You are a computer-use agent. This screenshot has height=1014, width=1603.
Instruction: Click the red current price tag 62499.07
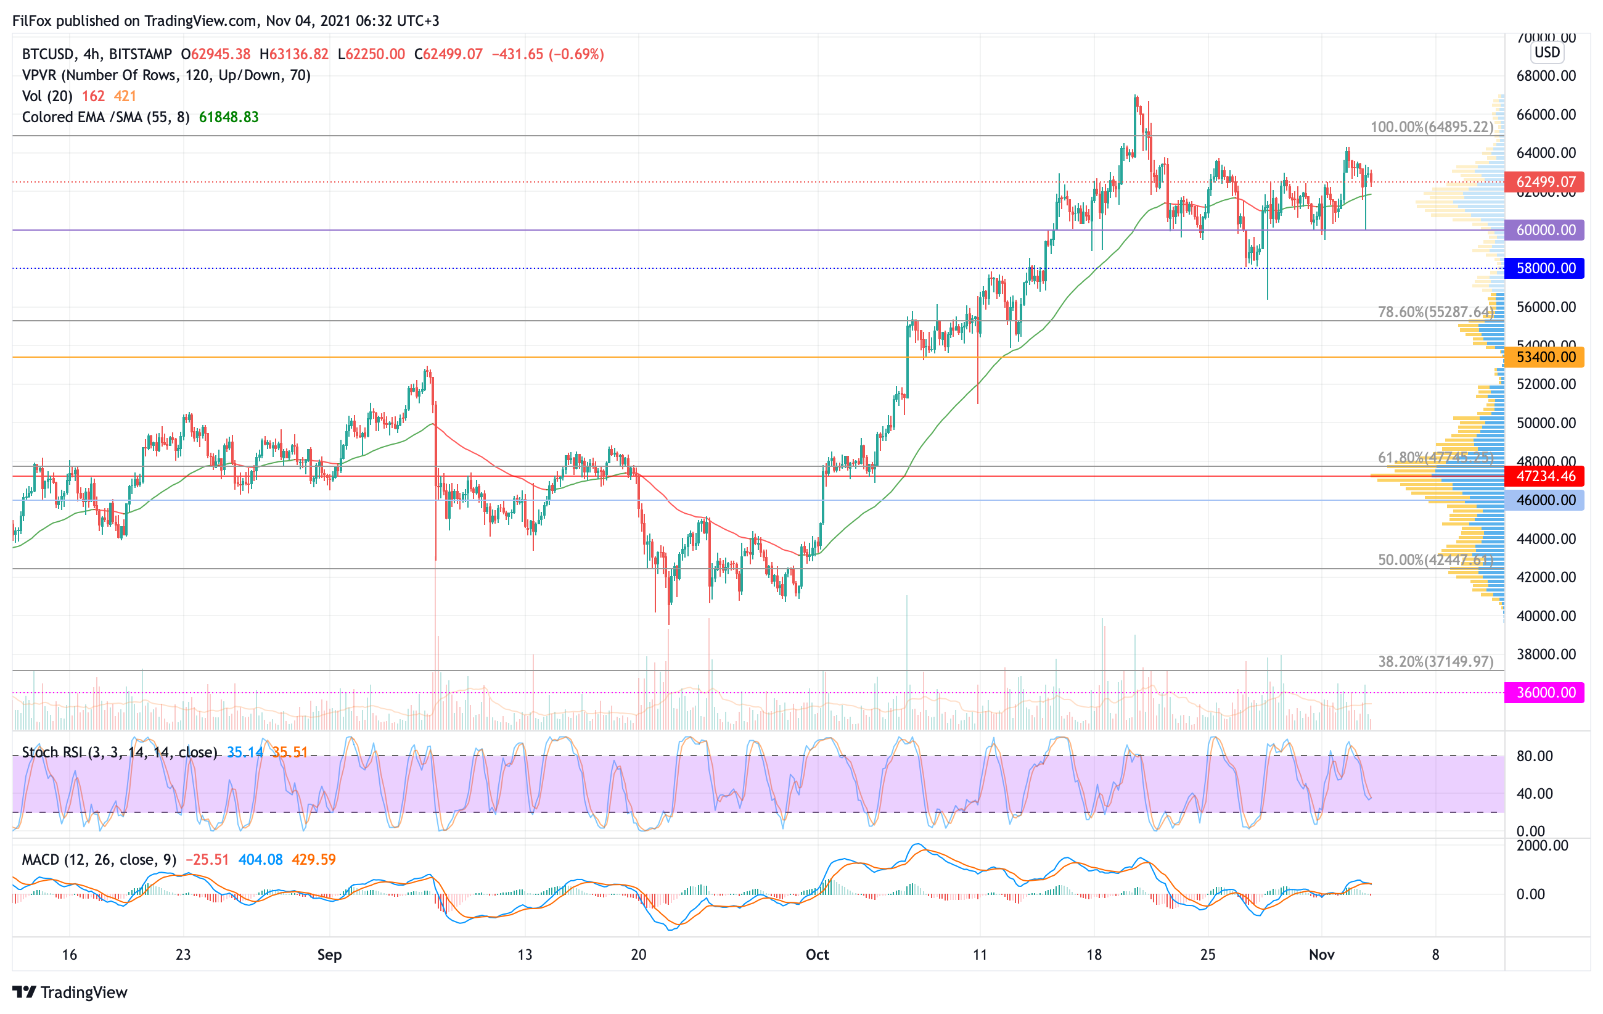pos(1544,182)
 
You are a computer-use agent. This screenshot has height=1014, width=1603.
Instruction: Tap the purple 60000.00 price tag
pos(1544,230)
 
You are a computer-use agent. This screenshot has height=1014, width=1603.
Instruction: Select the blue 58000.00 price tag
pos(1544,268)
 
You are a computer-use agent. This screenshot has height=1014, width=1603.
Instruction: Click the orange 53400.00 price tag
pos(1544,357)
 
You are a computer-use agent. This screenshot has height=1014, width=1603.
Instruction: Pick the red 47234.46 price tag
pos(1544,476)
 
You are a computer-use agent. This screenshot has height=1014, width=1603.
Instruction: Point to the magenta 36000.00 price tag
pos(1544,693)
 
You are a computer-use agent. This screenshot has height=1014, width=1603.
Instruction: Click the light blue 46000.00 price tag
pos(1544,500)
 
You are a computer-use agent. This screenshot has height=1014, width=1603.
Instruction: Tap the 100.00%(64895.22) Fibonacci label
pos(1431,126)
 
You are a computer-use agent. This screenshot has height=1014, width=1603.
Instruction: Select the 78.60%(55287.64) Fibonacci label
pos(1435,311)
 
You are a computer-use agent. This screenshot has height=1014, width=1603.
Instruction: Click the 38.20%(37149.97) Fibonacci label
pos(1435,661)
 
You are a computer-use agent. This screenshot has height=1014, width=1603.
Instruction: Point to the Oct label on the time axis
pos(818,955)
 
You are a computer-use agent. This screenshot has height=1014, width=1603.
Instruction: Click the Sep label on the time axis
pos(329,955)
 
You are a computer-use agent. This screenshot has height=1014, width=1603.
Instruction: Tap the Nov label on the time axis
pos(1321,955)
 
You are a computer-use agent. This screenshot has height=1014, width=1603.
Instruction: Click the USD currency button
pos(1547,52)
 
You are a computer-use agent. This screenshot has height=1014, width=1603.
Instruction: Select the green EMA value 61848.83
pos(228,117)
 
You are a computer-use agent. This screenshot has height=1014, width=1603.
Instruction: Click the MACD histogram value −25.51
pos(207,860)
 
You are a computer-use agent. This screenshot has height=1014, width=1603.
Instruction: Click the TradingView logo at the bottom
pos(70,992)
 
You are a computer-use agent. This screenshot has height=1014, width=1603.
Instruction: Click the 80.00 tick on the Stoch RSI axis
pos(1535,756)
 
